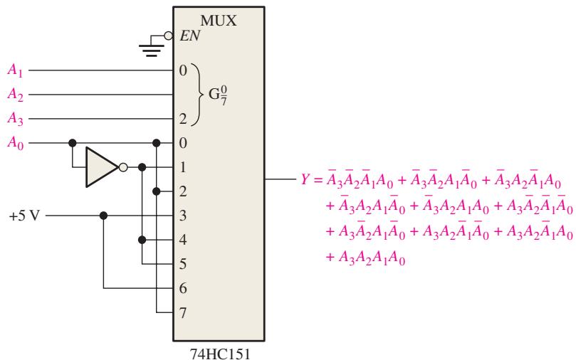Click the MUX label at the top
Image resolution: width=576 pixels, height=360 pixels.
218,21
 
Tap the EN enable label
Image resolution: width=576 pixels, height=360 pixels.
190,36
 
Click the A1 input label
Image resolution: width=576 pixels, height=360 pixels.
15,70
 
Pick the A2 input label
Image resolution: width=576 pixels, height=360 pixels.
15,95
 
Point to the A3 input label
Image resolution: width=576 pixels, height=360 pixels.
15,119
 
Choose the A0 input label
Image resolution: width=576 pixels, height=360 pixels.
15,142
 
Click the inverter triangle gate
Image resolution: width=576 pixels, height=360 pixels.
102,167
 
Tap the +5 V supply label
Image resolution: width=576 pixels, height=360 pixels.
24,216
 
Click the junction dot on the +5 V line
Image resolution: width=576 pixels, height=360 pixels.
103,216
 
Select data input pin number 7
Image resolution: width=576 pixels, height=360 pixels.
183,312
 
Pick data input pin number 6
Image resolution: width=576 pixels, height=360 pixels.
183,288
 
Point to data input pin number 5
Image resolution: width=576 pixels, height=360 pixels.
183,264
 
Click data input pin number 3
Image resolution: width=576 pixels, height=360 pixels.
183,216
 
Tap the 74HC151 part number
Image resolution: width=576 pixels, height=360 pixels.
220,354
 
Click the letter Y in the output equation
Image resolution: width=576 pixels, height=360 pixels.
305,179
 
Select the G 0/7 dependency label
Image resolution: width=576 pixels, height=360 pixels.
217,95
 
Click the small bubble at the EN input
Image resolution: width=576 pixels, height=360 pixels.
168,36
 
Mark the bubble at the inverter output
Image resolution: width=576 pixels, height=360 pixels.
123,167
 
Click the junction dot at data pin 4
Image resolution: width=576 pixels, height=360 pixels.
142,240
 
